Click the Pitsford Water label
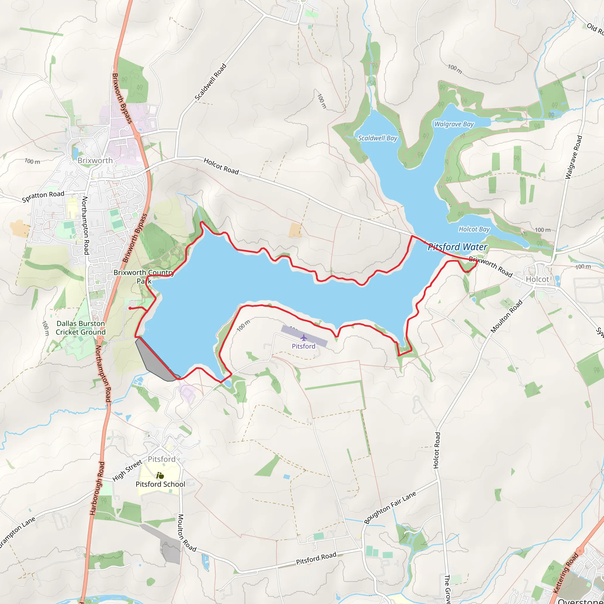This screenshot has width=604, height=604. (x=457, y=247)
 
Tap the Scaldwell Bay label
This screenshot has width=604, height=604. (x=377, y=138)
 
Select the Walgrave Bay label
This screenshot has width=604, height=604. (x=454, y=124)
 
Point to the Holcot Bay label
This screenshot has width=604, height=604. (x=474, y=229)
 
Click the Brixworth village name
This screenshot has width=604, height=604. (x=95, y=160)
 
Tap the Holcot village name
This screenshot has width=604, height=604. (x=537, y=279)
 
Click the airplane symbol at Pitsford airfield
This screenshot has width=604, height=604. (x=303, y=338)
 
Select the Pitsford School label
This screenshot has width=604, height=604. (x=160, y=484)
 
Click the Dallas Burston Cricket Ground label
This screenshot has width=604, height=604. (x=81, y=328)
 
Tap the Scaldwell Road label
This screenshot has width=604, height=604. (x=210, y=82)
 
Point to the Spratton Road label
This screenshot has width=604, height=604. (x=43, y=196)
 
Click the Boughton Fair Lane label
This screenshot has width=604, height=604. (x=390, y=507)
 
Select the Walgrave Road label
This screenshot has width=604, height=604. (x=574, y=157)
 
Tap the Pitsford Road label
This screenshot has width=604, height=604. (x=316, y=558)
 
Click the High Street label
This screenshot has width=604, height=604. (x=127, y=470)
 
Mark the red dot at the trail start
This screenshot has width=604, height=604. (x=130, y=308)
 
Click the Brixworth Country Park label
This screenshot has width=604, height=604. (x=144, y=276)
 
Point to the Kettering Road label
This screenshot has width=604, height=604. (x=566, y=573)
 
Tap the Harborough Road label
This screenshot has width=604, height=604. (x=97, y=488)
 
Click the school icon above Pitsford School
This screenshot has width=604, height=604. (x=160, y=476)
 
